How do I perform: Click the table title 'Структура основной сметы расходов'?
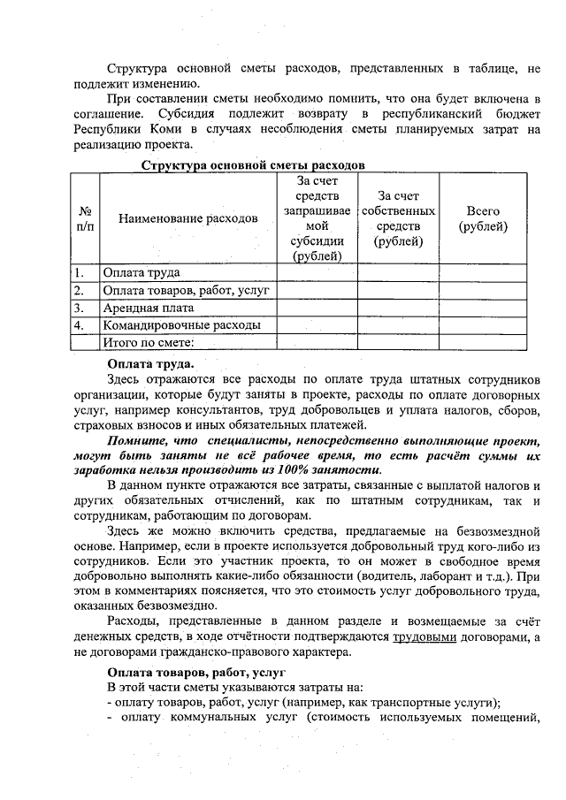[252, 165]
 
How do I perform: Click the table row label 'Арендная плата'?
[149, 308]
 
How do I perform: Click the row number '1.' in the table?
[80, 272]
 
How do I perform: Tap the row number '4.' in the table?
[80, 325]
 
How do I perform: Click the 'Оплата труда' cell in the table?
[142, 272]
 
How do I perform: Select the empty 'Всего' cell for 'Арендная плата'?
[483, 308]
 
